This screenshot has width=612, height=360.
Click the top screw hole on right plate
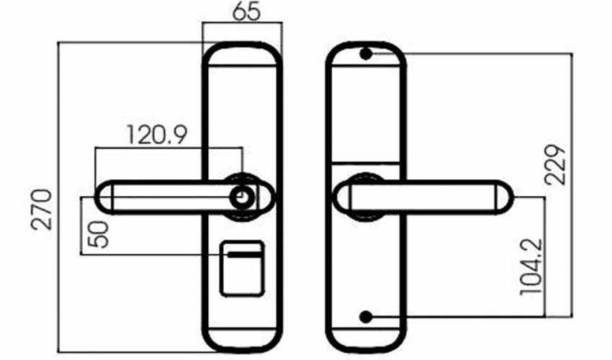coord(366,54)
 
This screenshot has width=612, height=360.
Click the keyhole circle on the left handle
coord(242,196)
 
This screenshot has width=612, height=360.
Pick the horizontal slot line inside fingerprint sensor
coord(242,254)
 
